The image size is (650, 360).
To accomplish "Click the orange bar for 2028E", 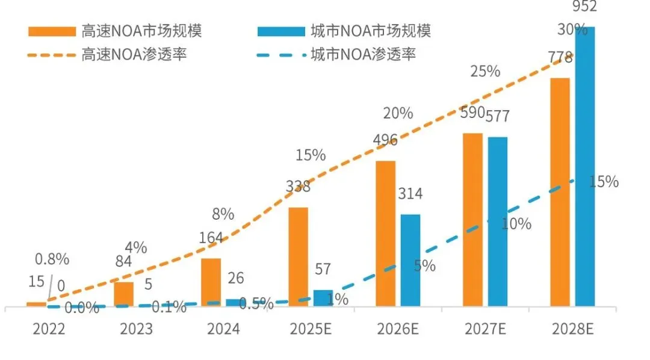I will pyautogui.click(x=560, y=193).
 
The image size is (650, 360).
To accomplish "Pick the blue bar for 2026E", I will pyautogui.click(x=410, y=260).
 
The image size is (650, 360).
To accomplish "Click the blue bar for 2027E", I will pyautogui.click(x=498, y=222).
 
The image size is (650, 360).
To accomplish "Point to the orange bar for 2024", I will pyautogui.click(x=211, y=282).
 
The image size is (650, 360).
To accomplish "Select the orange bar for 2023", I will pyautogui.click(x=123, y=294).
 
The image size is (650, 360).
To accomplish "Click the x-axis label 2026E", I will pyautogui.click(x=398, y=329).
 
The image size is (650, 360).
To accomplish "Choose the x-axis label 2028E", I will pyautogui.click(x=572, y=329).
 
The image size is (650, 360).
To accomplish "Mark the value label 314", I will pyautogui.click(x=410, y=194).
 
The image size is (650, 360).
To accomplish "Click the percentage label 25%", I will pyautogui.click(x=485, y=71).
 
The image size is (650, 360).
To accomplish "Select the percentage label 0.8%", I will pyautogui.click(x=52, y=259).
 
